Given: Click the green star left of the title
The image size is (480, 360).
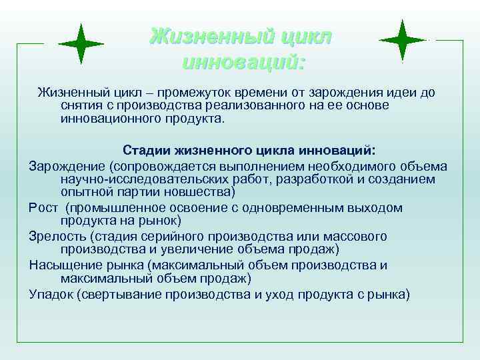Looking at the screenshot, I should [81, 43].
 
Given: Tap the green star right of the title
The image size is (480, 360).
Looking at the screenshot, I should [403, 41].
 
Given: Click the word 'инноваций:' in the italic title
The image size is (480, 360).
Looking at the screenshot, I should [243, 63].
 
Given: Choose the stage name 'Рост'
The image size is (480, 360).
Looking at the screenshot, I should [43, 207].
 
